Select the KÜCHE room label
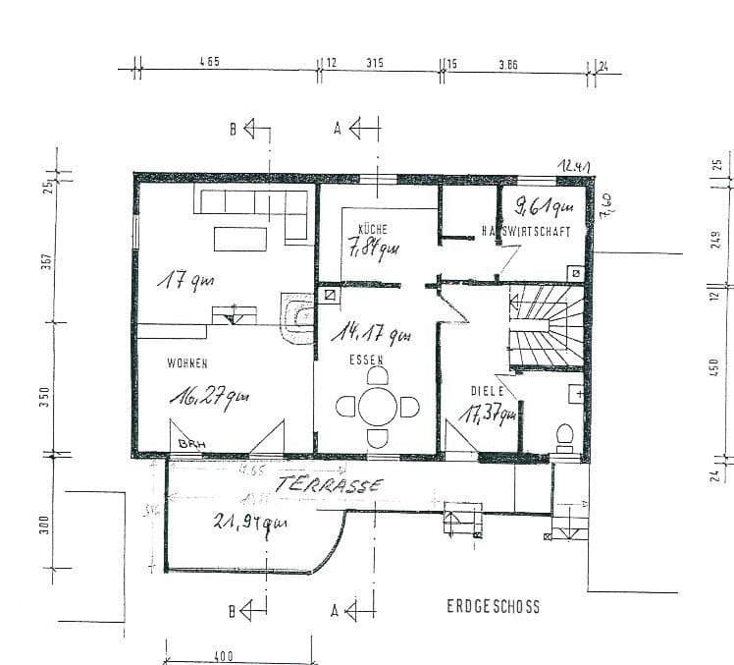(x=359, y=230)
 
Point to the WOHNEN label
(x=186, y=363)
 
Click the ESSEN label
(x=366, y=360)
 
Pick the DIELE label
(x=487, y=390)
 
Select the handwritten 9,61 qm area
(x=544, y=207)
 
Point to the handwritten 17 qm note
(x=189, y=282)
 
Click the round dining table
(x=377, y=406)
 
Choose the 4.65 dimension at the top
(x=208, y=62)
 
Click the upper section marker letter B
(x=235, y=129)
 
